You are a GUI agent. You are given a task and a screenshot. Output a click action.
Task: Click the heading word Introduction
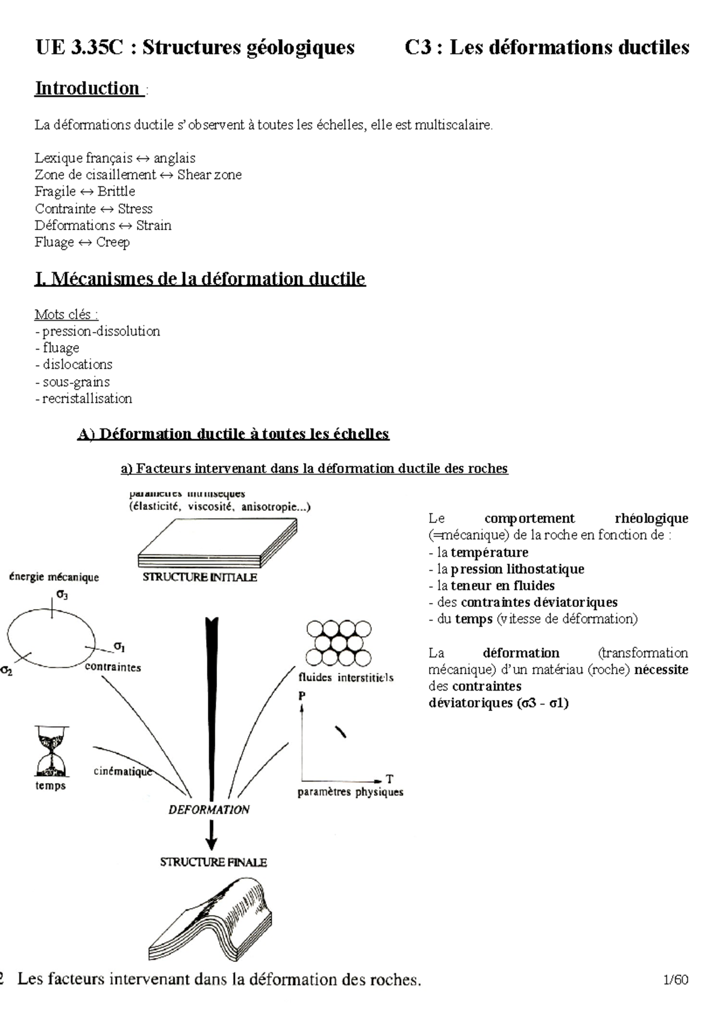[x=87, y=89]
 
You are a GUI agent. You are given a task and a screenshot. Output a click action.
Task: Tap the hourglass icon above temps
[x=51, y=751]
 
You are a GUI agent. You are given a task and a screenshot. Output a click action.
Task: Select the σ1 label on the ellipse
[x=119, y=647]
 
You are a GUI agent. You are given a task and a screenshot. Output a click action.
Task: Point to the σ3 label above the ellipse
[x=62, y=594]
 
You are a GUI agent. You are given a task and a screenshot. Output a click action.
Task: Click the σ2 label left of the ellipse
[x=7, y=671]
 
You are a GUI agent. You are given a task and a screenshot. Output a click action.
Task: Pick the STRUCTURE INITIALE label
[x=199, y=577]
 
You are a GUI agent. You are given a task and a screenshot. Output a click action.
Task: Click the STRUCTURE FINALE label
[x=213, y=862]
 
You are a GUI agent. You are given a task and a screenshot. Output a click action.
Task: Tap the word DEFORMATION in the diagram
[x=208, y=810]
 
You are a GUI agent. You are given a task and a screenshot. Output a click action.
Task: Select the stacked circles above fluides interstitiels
[x=338, y=642]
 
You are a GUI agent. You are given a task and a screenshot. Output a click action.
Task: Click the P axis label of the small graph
[x=302, y=696]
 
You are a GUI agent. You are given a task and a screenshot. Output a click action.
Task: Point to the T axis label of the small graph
[x=390, y=779]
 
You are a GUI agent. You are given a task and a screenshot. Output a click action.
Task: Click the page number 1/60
[x=675, y=980]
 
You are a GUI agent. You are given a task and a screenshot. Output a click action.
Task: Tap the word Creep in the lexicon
[x=113, y=242]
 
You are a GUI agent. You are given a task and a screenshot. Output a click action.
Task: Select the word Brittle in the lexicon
[x=116, y=192]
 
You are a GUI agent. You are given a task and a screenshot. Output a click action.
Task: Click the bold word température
[x=489, y=553]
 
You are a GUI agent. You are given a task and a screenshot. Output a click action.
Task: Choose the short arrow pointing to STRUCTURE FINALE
[x=210, y=836]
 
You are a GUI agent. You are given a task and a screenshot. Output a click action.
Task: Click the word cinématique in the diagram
[x=123, y=772]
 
